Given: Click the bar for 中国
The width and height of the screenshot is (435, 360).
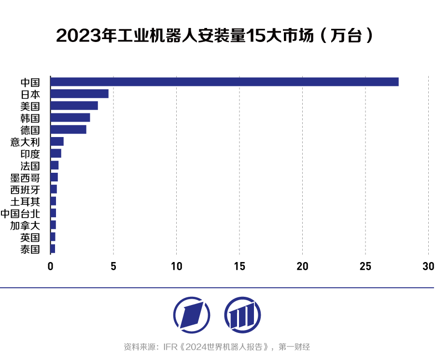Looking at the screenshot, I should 225,82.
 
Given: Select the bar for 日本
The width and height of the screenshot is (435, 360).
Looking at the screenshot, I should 79,94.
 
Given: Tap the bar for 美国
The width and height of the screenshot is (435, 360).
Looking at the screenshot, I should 74,106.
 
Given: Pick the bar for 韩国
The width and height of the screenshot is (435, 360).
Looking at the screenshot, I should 70,117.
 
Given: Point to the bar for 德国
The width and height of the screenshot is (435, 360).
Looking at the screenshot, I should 68,129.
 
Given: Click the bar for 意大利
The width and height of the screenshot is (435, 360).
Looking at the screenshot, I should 57,141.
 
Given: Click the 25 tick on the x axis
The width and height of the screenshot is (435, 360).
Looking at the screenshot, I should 365,266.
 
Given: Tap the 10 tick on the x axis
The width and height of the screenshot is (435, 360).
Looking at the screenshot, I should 176,266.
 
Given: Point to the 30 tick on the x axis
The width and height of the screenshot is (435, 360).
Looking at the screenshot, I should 428,266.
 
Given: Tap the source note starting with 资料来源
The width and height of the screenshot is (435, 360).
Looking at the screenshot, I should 217,346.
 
